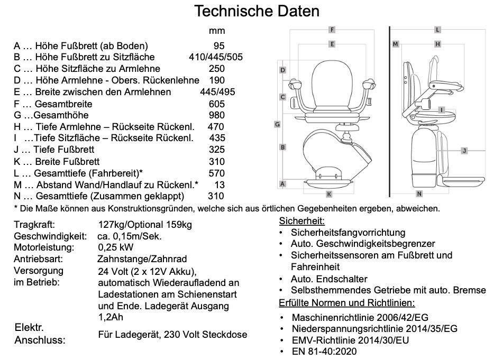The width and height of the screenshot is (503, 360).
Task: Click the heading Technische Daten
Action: tap(257, 11)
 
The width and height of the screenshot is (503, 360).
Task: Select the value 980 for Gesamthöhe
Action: tap(216, 115)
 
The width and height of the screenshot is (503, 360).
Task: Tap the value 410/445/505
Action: tap(215, 57)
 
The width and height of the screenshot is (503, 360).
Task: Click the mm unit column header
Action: tap(217, 31)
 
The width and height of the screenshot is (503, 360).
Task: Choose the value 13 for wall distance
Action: tap(220, 184)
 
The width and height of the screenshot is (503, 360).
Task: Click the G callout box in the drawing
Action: tap(277, 124)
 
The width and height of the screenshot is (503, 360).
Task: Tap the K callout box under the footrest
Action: tap(328, 193)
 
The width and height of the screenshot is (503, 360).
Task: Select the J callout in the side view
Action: tap(464, 151)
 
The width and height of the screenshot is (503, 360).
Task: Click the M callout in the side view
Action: tap(395, 44)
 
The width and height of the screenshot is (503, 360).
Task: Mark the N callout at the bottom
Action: tap(419, 193)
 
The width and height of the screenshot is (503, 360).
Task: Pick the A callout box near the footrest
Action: tap(283, 184)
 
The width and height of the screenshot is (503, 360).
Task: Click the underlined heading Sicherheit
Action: tap(301, 221)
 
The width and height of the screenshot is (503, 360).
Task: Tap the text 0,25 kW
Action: tap(116, 247)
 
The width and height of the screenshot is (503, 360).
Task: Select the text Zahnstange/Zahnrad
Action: tap(142, 259)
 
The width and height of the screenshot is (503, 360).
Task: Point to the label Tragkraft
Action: tap(34, 225)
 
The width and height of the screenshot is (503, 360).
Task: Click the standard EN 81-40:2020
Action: tap(324, 352)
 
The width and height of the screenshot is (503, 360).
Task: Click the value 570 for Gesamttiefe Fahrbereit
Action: tap(216, 173)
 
